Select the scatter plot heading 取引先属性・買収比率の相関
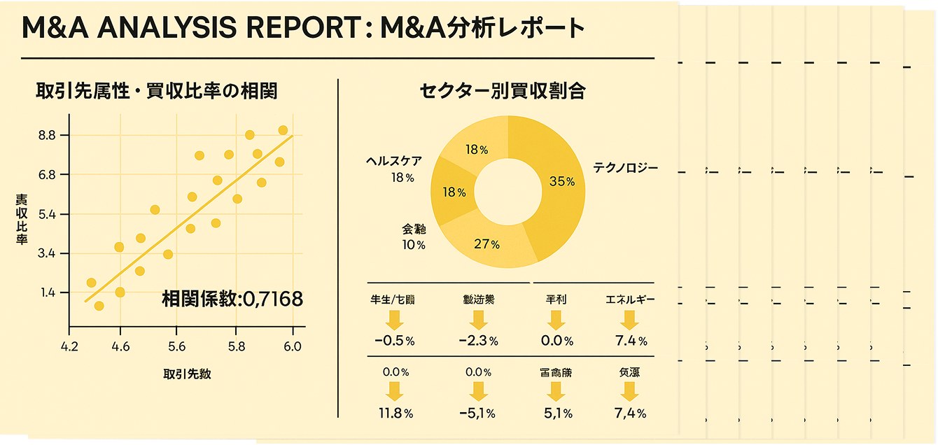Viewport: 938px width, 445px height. pyautogui.click(x=156, y=91)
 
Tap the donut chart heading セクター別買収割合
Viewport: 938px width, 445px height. pyautogui.click(x=503, y=91)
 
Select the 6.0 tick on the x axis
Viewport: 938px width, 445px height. pyautogui.click(x=293, y=346)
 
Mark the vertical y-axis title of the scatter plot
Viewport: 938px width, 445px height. pyautogui.click(x=22, y=220)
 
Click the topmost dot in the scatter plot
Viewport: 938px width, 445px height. pyautogui.click(x=283, y=130)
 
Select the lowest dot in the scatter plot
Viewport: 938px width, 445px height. pyautogui.click(x=99, y=306)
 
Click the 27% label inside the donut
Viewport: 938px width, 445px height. pyautogui.click(x=486, y=244)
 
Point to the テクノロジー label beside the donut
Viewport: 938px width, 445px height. pyautogui.click(x=625, y=168)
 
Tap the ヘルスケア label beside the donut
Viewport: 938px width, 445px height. pyautogui.click(x=394, y=162)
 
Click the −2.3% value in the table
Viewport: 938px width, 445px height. pyautogui.click(x=478, y=341)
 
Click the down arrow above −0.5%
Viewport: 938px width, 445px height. pyautogui.click(x=394, y=320)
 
